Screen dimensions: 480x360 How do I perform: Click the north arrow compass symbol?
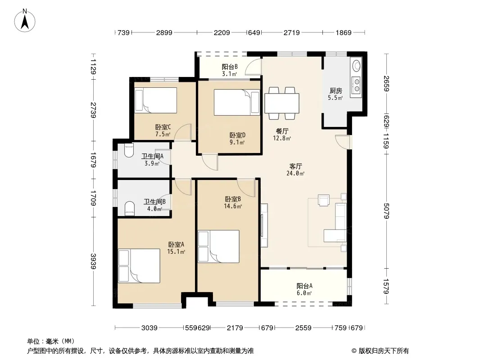25,21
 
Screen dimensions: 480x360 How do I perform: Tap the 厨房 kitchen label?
335,90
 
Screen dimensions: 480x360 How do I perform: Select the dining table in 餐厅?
281,103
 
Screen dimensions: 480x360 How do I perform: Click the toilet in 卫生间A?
129,150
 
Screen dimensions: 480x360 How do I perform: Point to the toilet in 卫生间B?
130,208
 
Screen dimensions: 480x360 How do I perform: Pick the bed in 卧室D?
237,102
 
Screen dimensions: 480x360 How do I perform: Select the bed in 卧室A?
139,265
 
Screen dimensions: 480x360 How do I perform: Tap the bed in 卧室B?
218,247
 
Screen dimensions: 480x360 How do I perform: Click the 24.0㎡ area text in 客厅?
295,173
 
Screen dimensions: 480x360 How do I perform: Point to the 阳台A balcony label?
304,286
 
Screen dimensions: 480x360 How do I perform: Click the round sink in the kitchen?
357,65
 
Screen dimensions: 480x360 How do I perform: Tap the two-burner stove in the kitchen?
357,85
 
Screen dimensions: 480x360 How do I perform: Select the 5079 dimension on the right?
386,211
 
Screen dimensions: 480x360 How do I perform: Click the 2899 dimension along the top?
164,32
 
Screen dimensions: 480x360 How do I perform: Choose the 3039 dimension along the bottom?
149,328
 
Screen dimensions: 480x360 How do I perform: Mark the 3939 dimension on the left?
93,261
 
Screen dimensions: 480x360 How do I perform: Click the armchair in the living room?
324,200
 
